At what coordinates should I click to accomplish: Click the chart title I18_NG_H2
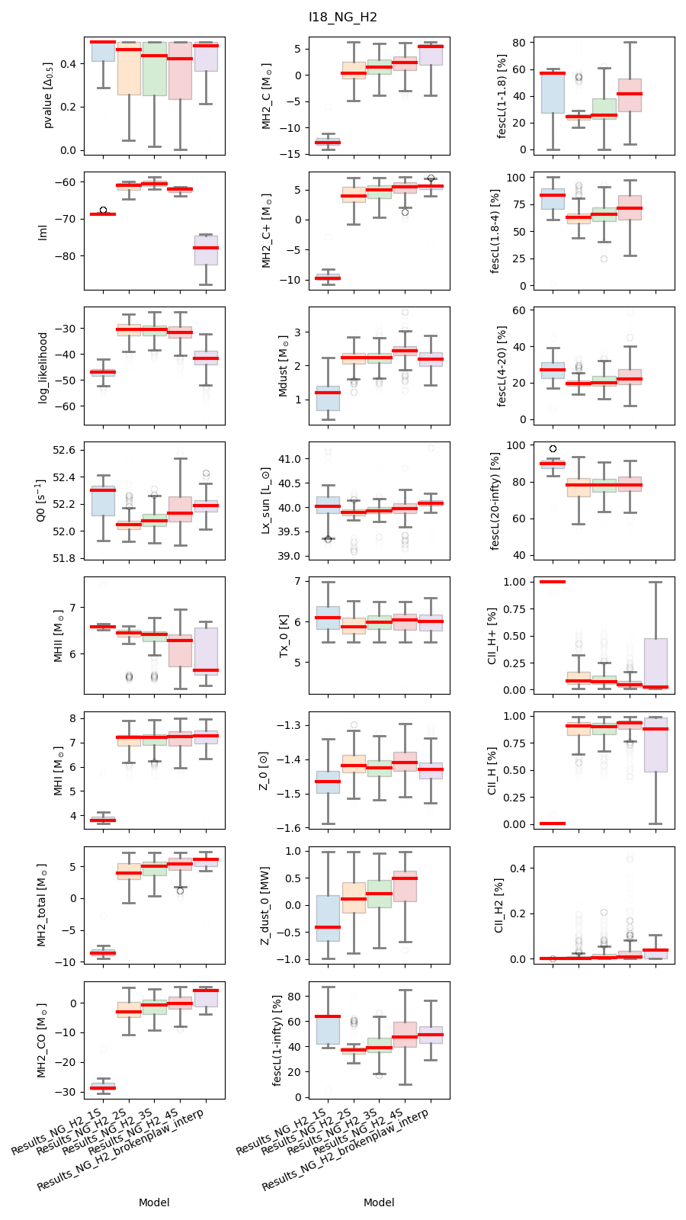pos(343,18)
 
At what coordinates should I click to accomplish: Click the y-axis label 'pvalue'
pos(49,95)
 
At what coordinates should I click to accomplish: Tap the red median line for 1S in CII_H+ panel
pos(553,582)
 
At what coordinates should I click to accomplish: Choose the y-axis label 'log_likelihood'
pos(43,367)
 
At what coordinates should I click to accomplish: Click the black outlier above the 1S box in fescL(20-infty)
pos(553,449)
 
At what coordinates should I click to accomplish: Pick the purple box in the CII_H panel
pos(656,744)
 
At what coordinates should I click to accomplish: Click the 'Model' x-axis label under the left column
pos(154,1202)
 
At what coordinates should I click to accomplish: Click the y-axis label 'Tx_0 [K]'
pos(266,636)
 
